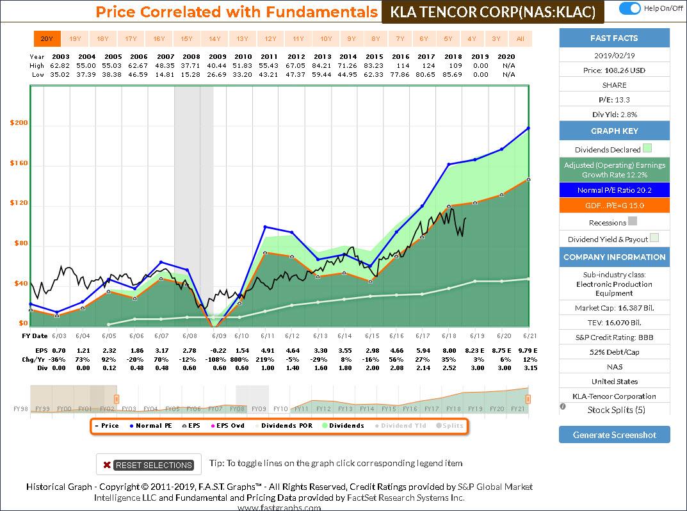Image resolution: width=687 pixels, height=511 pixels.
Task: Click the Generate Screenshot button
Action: click(x=614, y=435)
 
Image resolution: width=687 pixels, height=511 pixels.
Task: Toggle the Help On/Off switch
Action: click(x=630, y=8)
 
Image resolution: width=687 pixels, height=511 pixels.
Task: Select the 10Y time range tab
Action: click(x=326, y=39)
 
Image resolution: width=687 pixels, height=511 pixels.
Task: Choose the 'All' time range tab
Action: click(x=520, y=39)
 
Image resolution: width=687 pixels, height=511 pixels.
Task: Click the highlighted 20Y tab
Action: click(x=47, y=39)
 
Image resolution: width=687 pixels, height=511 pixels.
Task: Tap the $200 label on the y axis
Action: click(x=19, y=124)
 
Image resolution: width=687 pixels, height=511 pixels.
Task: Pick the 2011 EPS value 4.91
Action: click(x=268, y=351)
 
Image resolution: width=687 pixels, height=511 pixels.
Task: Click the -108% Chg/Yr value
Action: click(x=218, y=360)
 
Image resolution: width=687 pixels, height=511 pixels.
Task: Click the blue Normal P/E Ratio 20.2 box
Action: click(x=614, y=190)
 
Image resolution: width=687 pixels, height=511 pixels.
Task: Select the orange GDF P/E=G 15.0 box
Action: click(x=614, y=206)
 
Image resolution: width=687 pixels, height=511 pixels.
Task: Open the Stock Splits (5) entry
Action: click(x=614, y=410)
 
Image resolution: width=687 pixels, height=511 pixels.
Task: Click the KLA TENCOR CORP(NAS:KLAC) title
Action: click(x=492, y=12)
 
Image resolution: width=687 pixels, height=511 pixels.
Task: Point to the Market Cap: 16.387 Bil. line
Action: click(x=614, y=308)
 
